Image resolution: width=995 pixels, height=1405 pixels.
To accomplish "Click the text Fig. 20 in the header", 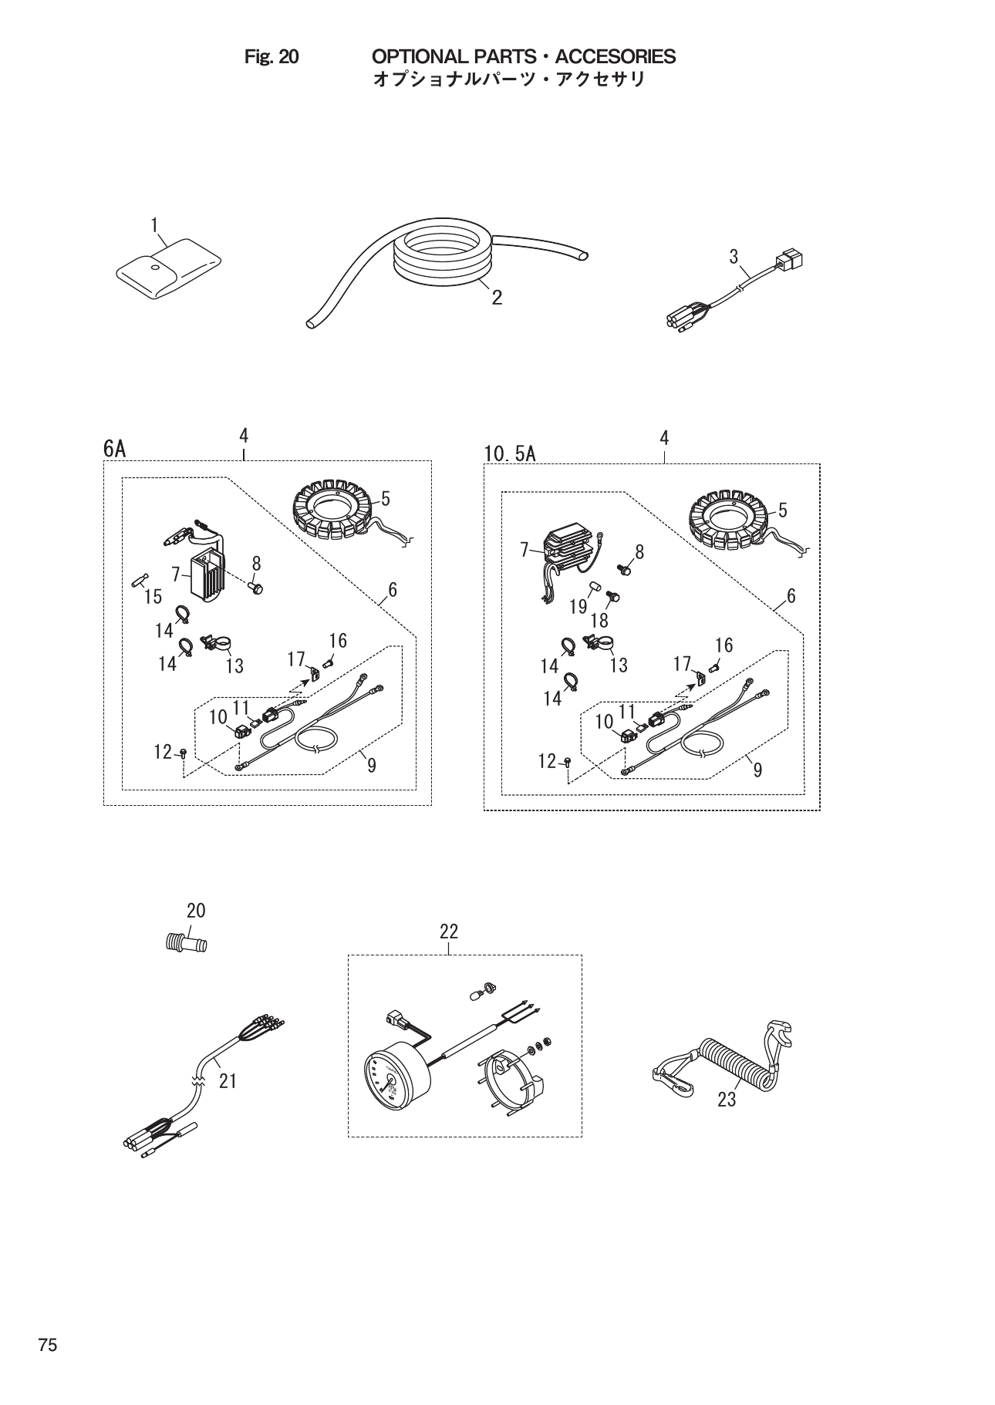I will [271, 57].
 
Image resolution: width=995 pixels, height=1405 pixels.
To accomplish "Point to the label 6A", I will [114, 449].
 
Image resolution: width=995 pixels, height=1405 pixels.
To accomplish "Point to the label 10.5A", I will [509, 453].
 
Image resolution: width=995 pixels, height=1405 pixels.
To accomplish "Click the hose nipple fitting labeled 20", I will [186, 943].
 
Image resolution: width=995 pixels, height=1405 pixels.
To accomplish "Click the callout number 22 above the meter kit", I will [449, 932].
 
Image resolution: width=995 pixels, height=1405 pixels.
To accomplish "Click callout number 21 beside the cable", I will [227, 1081].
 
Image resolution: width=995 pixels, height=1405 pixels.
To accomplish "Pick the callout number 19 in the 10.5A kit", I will [578, 607].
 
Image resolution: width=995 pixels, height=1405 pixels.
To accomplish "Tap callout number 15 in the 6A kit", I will [153, 596].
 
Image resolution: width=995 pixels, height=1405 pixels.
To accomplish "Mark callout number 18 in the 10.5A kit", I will [599, 620].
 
